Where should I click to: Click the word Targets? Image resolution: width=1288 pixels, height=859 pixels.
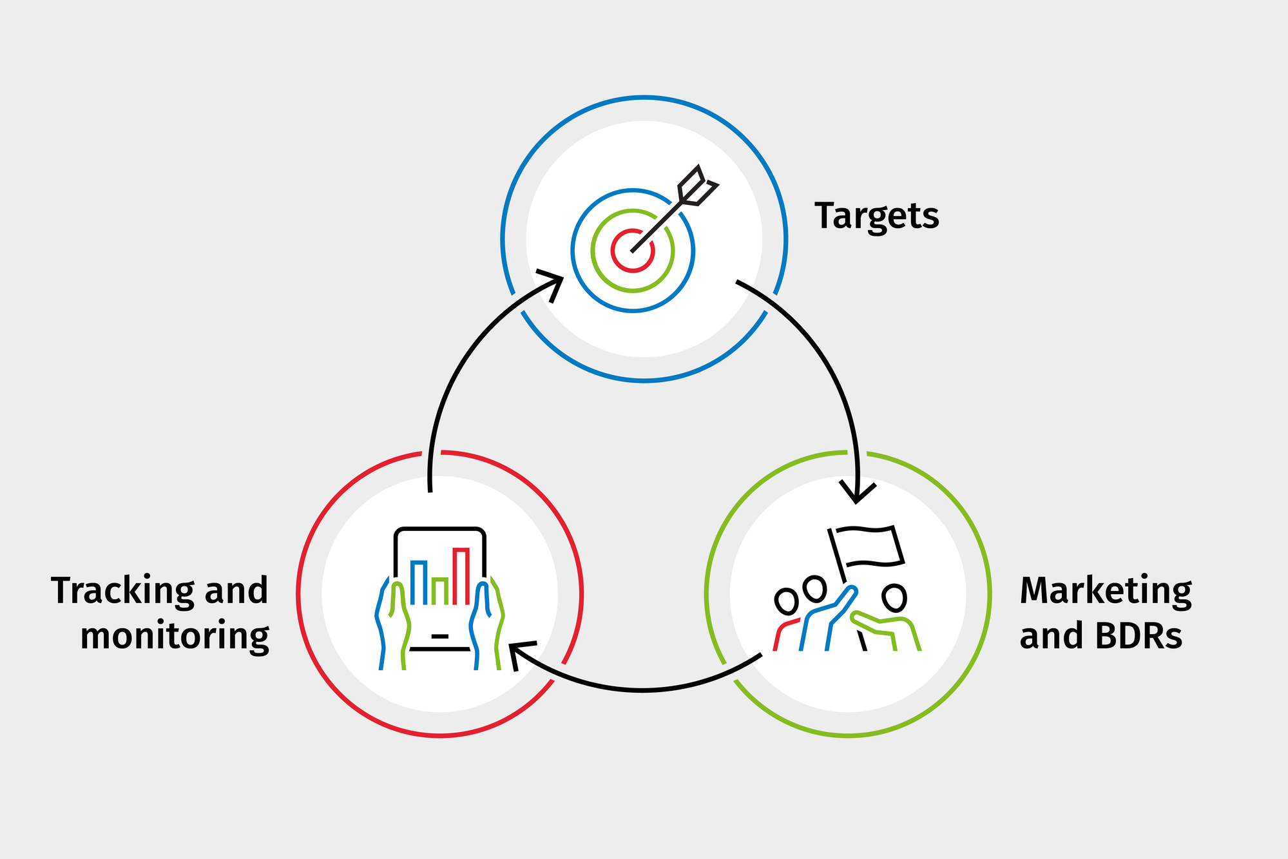tap(876, 216)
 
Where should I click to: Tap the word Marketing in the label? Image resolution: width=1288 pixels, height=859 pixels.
tap(1106, 590)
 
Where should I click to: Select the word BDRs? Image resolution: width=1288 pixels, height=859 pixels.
tap(1139, 636)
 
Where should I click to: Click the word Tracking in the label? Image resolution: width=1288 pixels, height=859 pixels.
tap(122, 590)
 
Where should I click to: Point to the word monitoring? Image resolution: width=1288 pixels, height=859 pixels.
tap(175, 637)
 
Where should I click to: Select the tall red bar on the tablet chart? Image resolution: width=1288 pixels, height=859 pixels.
tap(461, 575)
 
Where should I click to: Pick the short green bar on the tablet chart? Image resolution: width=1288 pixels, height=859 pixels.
tap(440, 590)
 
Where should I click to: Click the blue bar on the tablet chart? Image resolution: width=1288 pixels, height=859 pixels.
tap(419, 582)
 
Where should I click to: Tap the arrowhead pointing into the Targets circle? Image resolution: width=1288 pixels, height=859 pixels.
tap(553, 284)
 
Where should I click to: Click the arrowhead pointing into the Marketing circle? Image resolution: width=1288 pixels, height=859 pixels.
tap(856, 492)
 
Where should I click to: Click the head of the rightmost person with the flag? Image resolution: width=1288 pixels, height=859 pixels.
tap(894, 597)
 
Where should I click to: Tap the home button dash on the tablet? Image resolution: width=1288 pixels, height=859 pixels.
tap(440, 636)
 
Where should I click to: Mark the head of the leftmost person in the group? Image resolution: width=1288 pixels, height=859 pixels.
tap(786, 601)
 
